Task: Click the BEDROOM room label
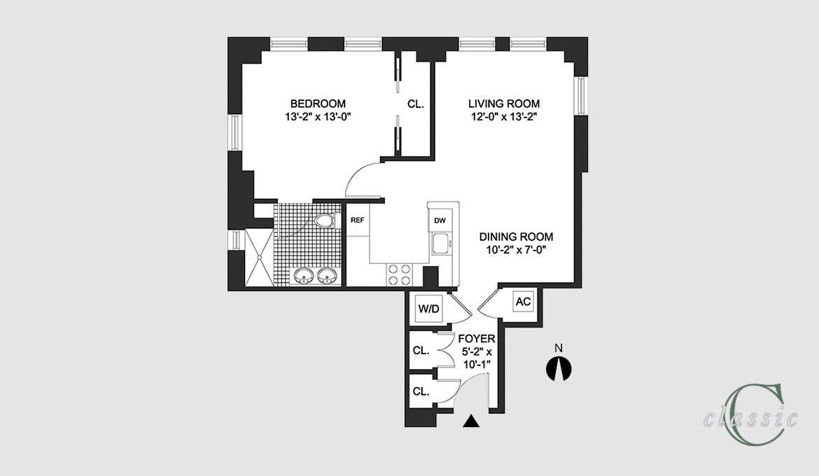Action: [318, 104]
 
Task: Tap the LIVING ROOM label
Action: [503, 104]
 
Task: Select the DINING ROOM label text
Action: [516, 237]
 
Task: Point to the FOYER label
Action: [477, 339]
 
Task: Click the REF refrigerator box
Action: [357, 220]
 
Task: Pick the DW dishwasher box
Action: [440, 220]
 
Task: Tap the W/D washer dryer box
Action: [428, 309]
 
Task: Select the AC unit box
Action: [523, 302]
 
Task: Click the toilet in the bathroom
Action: [324, 220]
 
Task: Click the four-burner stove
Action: [400, 275]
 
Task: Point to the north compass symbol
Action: [559, 369]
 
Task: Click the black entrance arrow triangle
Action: [471, 421]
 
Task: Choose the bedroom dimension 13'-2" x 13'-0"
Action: [318, 117]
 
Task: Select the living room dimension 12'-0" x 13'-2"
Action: [504, 117]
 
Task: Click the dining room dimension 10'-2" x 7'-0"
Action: [516, 251]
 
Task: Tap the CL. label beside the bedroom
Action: [416, 104]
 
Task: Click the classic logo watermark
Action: [751, 414]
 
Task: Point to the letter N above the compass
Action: [559, 348]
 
